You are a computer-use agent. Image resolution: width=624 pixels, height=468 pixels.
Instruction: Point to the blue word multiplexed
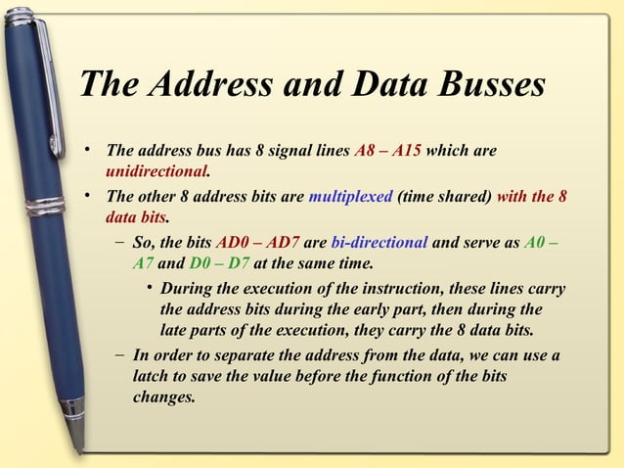(350, 196)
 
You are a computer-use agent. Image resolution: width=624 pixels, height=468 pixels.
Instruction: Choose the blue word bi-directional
(379, 243)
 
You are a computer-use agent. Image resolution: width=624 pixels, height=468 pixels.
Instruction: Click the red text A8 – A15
(388, 152)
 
